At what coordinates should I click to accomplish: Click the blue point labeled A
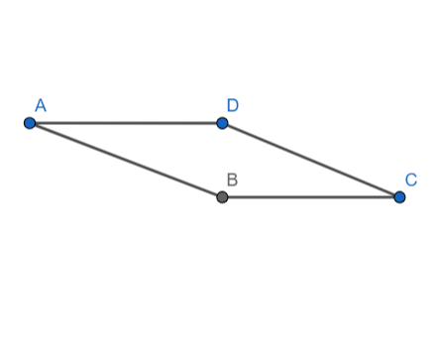[30, 123]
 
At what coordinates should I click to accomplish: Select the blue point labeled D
[222, 123]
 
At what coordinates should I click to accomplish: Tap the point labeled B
[222, 197]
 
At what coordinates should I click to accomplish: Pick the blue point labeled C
[399, 197]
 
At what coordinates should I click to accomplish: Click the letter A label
[41, 104]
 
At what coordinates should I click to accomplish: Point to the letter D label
[232, 105]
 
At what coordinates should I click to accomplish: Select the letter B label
[232, 180]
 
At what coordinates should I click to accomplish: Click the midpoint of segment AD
[126, 123]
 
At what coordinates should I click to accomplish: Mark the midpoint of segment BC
[311, 197]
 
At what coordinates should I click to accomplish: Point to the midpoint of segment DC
[311, 161]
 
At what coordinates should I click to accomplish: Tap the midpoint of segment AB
[126, 161]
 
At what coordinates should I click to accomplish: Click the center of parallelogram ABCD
[215, 161]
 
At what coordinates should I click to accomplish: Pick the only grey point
[222, 197]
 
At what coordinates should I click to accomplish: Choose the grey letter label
[232, 180]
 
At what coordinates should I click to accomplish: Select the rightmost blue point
[399, 197]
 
